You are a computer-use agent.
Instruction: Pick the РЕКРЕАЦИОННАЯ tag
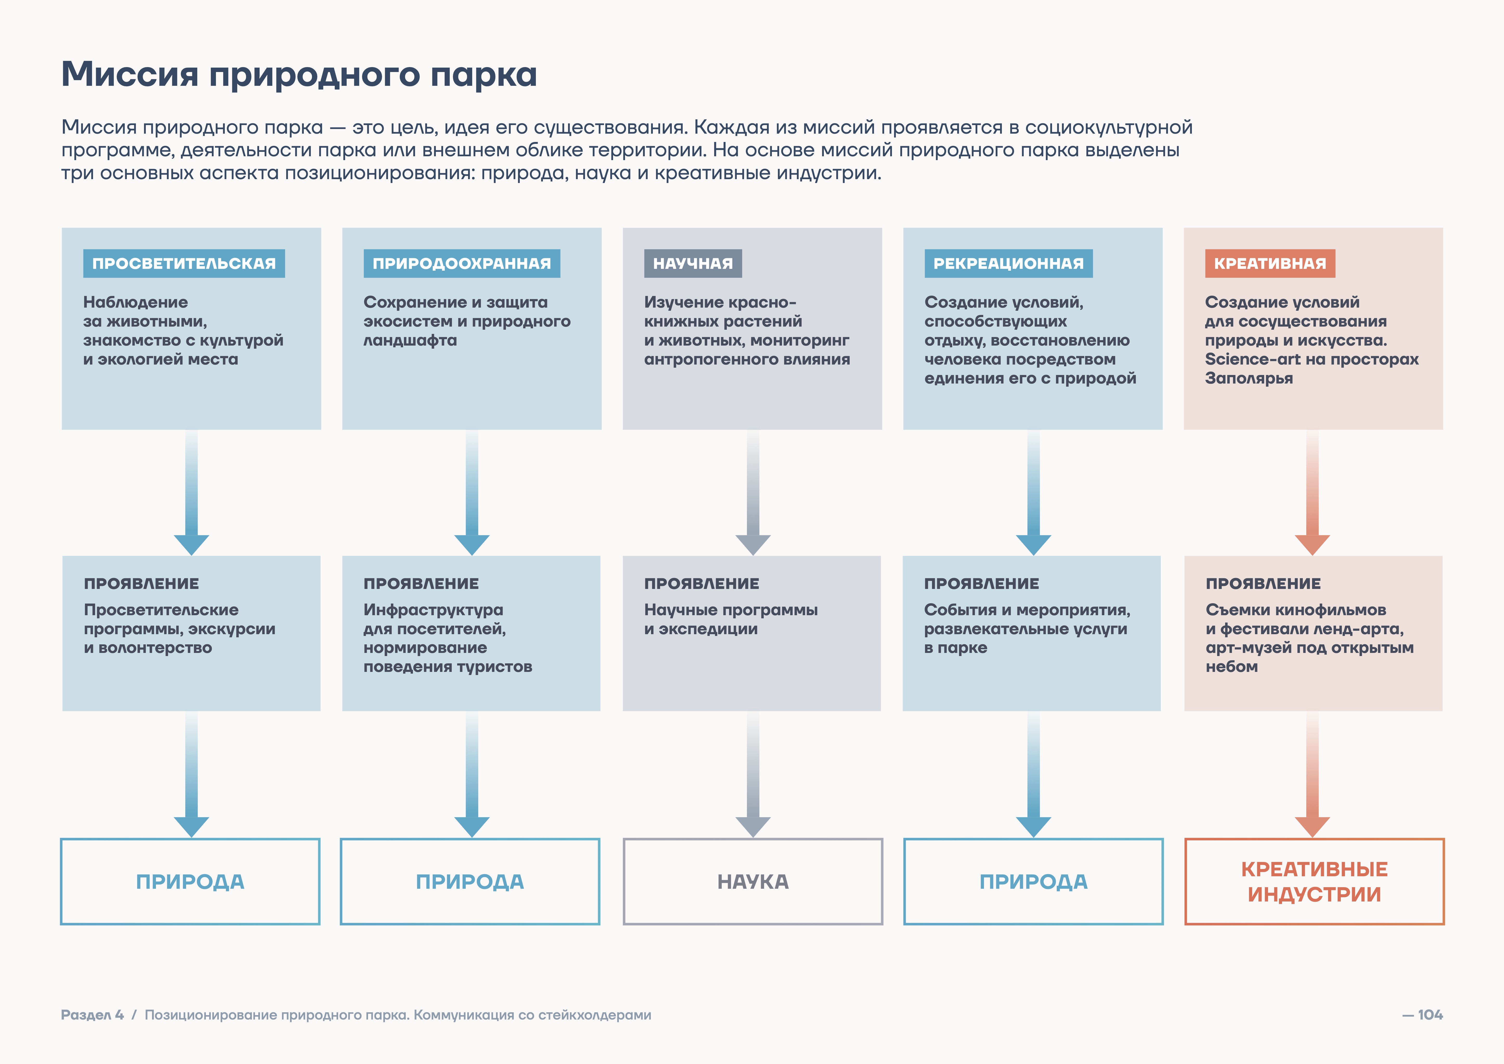(1008, 263)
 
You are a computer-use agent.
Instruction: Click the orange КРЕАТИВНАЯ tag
(1270, 263)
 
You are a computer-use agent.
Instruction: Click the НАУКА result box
(753, 881)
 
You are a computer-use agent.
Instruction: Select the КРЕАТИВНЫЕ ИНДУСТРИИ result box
(1314, 881)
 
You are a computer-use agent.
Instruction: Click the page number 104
(1430, 1015)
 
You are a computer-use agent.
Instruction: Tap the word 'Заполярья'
(1249, 378)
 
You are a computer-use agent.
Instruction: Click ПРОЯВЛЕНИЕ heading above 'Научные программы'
(701, 583)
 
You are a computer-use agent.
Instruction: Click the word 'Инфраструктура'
(433, 610)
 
